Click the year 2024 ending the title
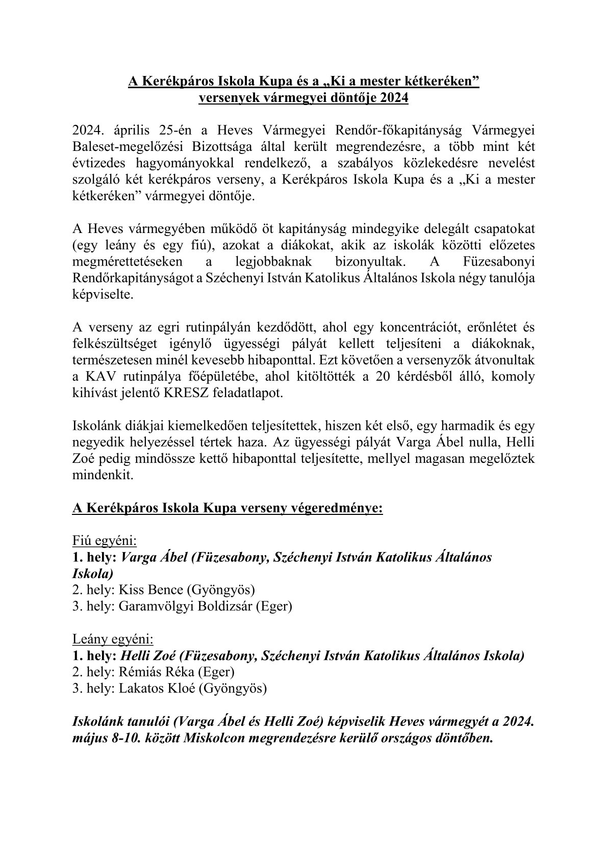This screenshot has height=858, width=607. click(394, 98)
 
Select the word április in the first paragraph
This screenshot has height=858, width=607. click(125, 131)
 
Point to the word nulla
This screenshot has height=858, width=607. click(467, 443)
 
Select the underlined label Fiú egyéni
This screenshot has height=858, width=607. click(105, 541)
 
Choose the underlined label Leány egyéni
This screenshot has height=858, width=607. click(113, 639)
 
